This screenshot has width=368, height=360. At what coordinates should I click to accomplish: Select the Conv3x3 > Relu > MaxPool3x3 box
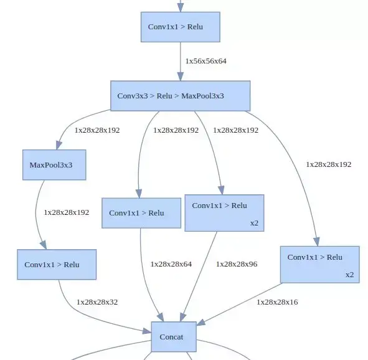pos(180,96)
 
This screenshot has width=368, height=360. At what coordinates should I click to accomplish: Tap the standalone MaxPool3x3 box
pos(54,165)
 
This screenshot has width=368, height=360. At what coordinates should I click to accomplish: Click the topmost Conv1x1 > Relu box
pos(181,27)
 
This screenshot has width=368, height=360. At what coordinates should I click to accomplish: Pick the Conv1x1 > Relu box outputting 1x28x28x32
pos(57,265)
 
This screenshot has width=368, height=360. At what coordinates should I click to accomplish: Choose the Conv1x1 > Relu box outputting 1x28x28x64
pos(141,213)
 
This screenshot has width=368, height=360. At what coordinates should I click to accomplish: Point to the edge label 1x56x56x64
pos(205,61)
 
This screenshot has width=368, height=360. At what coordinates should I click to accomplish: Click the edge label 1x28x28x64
pos(171,264)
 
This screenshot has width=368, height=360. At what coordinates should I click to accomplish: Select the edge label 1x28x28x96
pos(236,264)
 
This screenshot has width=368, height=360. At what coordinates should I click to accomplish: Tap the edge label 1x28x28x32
pos(97,302)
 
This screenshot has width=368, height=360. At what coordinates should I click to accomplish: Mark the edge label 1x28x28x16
pos(277,302)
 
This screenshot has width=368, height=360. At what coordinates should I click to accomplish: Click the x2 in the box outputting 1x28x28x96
pos(254,222)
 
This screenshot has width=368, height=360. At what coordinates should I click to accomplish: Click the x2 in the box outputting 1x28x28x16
pos(349,275)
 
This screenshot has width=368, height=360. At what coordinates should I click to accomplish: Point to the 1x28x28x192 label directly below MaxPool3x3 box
pos(66,212)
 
